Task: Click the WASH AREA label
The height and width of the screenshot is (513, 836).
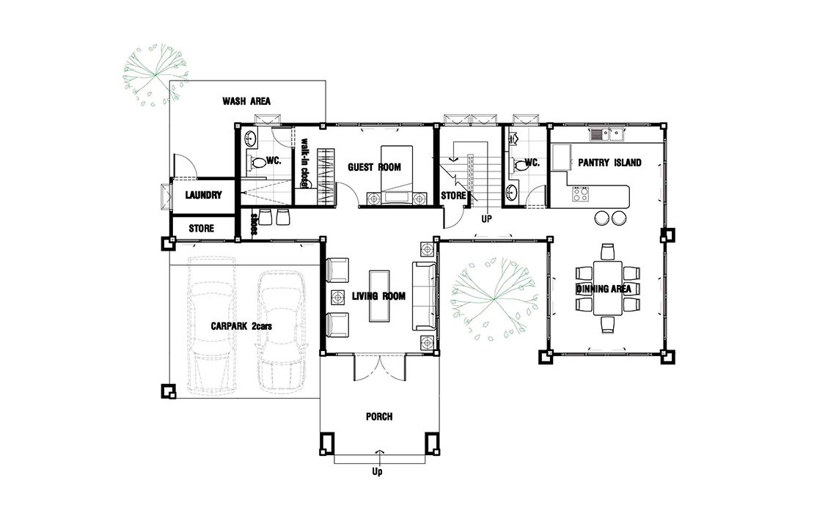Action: pos(246,101)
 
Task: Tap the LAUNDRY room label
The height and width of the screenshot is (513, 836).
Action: pos(203,195)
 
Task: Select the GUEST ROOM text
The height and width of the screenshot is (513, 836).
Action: pos(374,167)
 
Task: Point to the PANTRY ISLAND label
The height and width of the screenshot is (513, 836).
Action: pos(609,163)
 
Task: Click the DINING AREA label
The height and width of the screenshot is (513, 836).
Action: pos(604,289)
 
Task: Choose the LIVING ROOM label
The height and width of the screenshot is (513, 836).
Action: pos(378,296)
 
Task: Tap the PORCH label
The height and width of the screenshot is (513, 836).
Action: pos(379,416)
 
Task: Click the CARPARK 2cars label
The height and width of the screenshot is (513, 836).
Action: pos(241,326)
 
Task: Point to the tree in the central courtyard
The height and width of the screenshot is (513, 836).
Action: pos(494,298)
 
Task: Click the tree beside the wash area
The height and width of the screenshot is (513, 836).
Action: pos(155,75)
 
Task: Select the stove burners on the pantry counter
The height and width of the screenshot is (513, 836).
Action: pos(580,194)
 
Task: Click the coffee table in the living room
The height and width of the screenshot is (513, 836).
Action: pos(379,295)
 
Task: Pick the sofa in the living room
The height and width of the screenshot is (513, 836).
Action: pos(425,295)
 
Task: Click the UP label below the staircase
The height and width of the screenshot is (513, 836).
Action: pos(486,219)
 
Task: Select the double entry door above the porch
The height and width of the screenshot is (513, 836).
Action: pos(380,368)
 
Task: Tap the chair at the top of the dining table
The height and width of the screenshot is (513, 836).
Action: pos(608,251)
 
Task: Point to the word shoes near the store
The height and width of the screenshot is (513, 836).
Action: pos(254,224)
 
